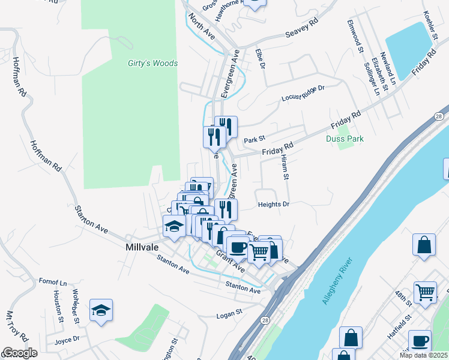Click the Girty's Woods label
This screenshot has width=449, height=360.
(x=152, y=63)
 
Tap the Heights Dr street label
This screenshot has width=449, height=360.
(x=274, y=205)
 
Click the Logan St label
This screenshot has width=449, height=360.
(x=229, y=313)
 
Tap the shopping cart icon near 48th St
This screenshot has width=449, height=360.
(x=425, y=292)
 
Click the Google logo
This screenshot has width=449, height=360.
(x=20, y=352)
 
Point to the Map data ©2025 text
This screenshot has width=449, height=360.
(x=423, y=355)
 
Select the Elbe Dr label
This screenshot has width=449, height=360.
(x=260, y=59)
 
